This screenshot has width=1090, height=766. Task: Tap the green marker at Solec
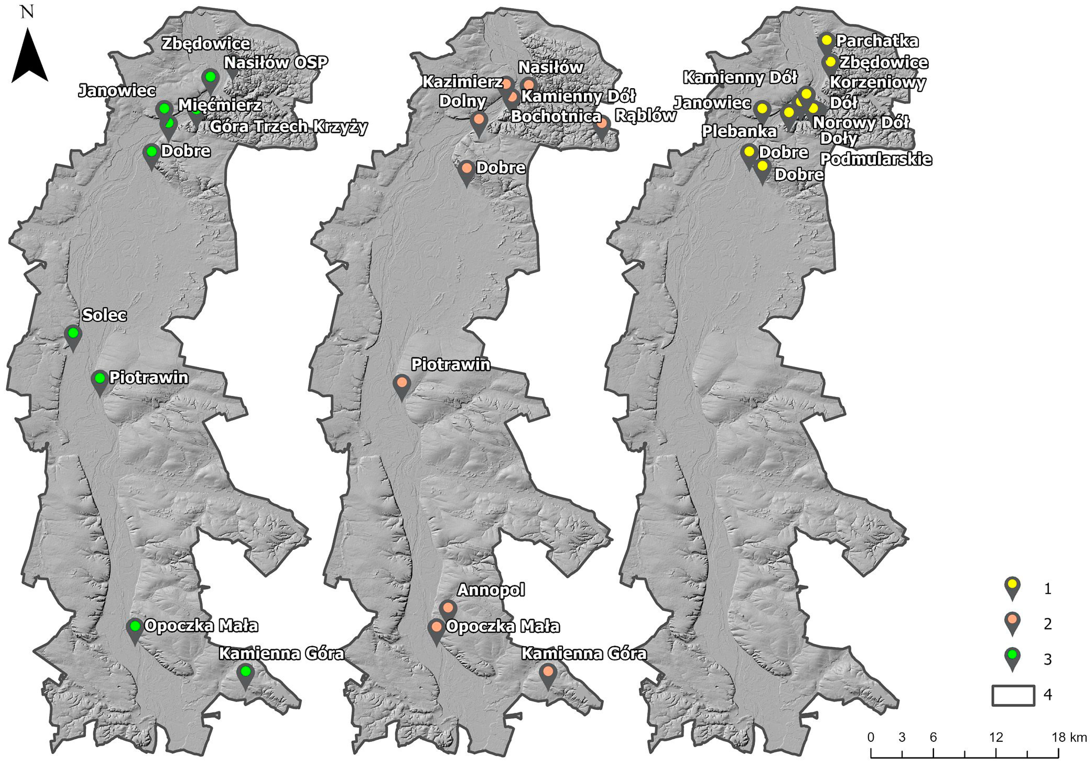coord(73,333)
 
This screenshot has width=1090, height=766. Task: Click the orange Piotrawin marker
coord(402,382)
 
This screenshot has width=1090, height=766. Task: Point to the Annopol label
coord(491,590)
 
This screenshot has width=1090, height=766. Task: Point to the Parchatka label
coord(877,41)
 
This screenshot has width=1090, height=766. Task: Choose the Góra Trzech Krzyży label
coord(289,127)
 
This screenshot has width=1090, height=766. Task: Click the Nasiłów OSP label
coord(276,62)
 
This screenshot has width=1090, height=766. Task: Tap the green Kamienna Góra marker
coord(245,671)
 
